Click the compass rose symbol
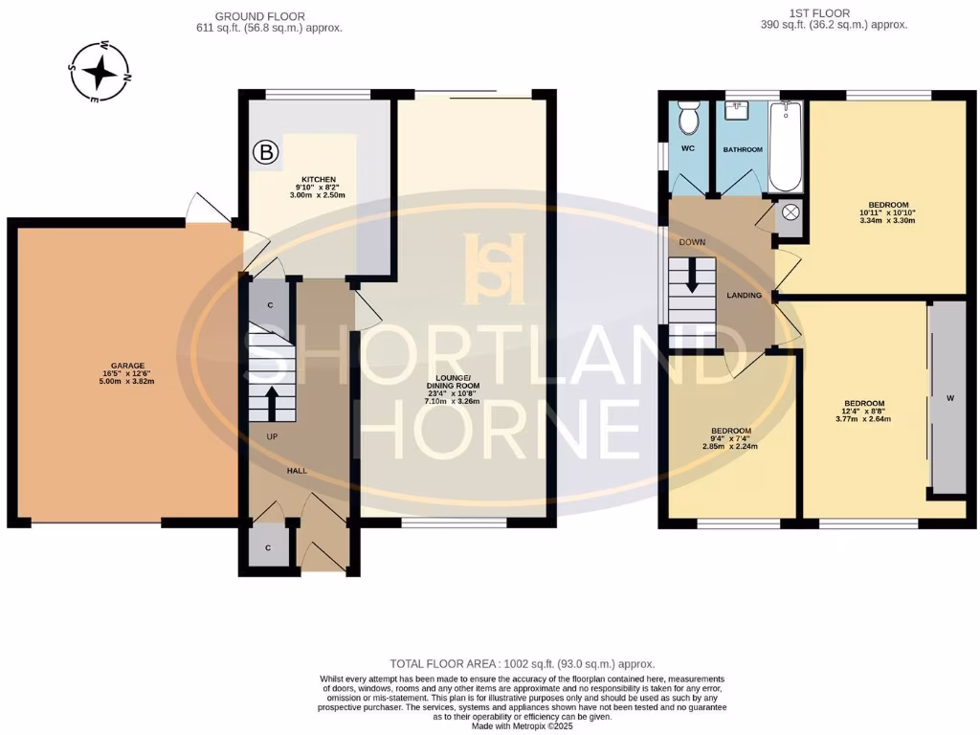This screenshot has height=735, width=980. [x=100, y=71]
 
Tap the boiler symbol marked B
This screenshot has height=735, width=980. [x=266, y=151]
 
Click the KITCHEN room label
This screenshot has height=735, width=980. [x=319, y=180]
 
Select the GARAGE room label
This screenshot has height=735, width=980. [x=126, y=366]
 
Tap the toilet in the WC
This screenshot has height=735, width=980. [x=688, y=118]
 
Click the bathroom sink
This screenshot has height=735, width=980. [x=739, y=110]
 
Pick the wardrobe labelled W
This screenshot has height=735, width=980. [x=948, y=399]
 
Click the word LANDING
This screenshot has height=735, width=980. [x=744, y=296]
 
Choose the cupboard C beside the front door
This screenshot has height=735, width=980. [x=270, y=546]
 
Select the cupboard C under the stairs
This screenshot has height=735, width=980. [x=270, y=304]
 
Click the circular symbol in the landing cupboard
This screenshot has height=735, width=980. [x=791, y=212]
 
